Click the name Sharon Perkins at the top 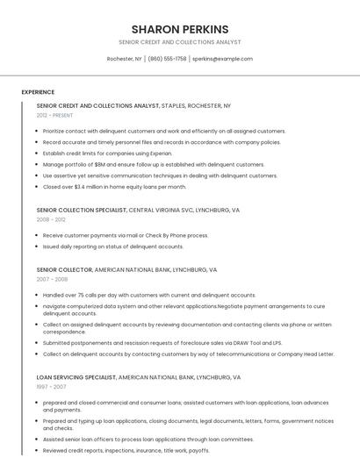click(x=179, y=29)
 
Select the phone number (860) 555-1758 click(x=167, y=59)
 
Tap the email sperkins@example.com click(x=222, y=59)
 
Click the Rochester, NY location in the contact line click(x=124, y=59)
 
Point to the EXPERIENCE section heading click(x=38, y=92)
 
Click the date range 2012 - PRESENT click(x=54, y=115)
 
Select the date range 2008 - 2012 click(x=51, y=219)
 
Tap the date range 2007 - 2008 click(x=51, y=279)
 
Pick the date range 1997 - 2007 click(x=51, y=386)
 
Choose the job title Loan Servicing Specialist click(x=76, y=376)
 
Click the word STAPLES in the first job click(x=176, y=105)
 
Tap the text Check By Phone click(x=165, y=235)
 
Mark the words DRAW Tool click(x=247, y=343)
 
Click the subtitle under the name click(x=179, y=42)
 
